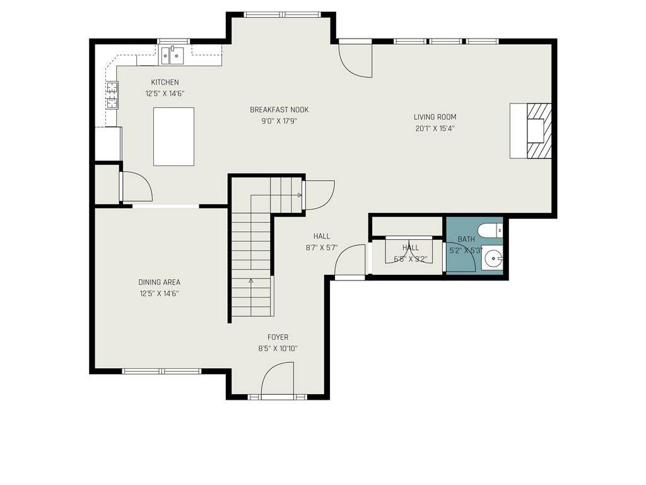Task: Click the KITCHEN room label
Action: (x=165, y=82)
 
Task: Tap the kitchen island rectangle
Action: (x=174, y=136)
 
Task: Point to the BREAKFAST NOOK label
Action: (x=279, y=110)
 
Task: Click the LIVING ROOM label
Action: (x=435, y=117)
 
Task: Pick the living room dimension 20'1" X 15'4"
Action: (x=435, y=128)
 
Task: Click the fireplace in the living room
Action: (x=531, y=131)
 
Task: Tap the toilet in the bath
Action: (x=490, y=230)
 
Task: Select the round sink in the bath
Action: (x=493, y=259)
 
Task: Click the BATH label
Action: (x=466, y=239)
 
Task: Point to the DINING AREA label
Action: (x=160, y=282)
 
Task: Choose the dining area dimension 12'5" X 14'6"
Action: (x=160, y=294)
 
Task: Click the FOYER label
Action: (x=278, y=337)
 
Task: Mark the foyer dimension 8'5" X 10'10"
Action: (x=278, y=349)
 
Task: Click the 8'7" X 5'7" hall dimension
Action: (x=322, y=248)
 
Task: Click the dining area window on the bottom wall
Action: (x=162, y=371)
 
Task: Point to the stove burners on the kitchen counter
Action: (x=112, y=95)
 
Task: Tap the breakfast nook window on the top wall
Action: (x=282, y=15)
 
